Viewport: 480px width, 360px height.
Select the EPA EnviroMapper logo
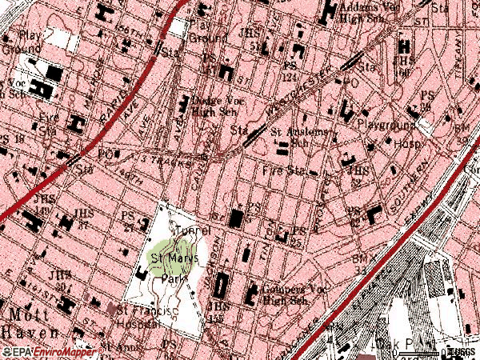click(x=50, y=353)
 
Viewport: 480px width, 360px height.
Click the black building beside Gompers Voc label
click(x=250, y=294)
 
